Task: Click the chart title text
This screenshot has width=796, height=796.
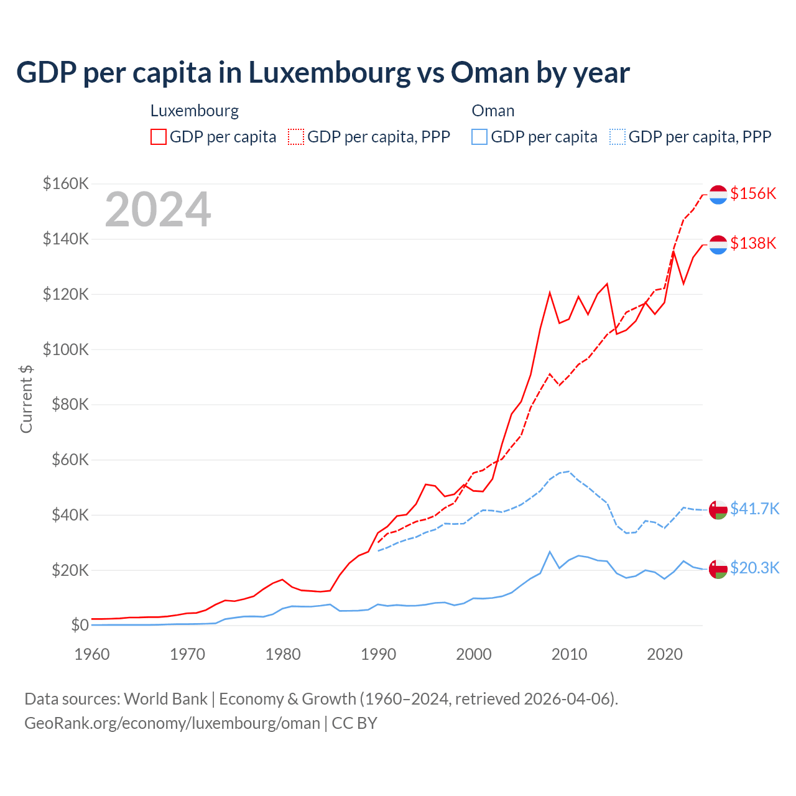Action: (x=323, y=73)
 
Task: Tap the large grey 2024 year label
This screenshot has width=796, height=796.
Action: (x=158, y=210)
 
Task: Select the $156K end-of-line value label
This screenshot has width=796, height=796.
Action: (x=753, y=193)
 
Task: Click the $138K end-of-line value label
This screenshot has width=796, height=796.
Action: (x=753, y=243)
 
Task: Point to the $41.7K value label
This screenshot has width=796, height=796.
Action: (x=754, y=509)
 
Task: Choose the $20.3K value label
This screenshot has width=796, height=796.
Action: (x=754, y=568)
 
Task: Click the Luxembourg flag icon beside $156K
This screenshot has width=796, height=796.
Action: (x=718, y=194)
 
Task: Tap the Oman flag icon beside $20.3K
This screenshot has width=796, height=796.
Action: (x=718, y=568)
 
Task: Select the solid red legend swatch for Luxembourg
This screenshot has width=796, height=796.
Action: (x=159, y=137)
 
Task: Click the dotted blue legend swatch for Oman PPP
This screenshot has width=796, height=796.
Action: (x=618, y=137)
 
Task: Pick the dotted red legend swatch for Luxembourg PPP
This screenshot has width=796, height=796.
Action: (x=296, y=137)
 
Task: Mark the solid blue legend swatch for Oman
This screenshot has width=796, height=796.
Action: (x=479, y=137)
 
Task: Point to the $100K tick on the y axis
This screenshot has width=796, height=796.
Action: (x=66, y=349)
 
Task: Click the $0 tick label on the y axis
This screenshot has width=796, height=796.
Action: (x=80, y=625)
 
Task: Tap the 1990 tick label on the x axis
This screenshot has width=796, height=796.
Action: (x=378, y=654)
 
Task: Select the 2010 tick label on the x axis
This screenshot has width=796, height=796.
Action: (x=569, y=654)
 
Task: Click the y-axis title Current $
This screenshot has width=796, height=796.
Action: (x=26, y=399)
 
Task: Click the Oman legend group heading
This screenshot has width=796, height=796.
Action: (x=493, y=111)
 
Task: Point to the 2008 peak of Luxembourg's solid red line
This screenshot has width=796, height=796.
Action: (x=550, y=292)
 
